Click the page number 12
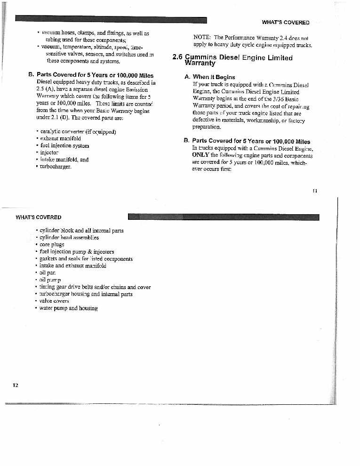pyautogui.click(x=15, y=385)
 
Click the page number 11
pyautogui.click(x=315, y=191)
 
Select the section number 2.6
pyautogui.click(x=177, y=58)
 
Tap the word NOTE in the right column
pyautogui.click(x=203, y=37)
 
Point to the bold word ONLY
pyautogui.click(x=200, y=155)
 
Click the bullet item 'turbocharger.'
pyautogui.click(x=56, y=167)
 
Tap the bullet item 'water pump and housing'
pyautogui.click(x=69, y=308)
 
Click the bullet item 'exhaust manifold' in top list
pyautogui.click(x=60, y=139)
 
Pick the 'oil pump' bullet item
pyautogui.click(x=50, y=280)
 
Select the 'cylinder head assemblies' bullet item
pyautogui.click(x=69, y=238)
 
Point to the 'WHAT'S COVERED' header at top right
pyautogui.click(x=286, y=23)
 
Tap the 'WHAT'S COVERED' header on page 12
pyautogui.click(x=39, y=217)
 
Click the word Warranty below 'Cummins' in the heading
pyautogui.click(x=200, y=63)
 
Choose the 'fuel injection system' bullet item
pyautogui.click(x=64, y=146)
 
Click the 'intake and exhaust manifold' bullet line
pyautogui.click(x=73, y=266)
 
